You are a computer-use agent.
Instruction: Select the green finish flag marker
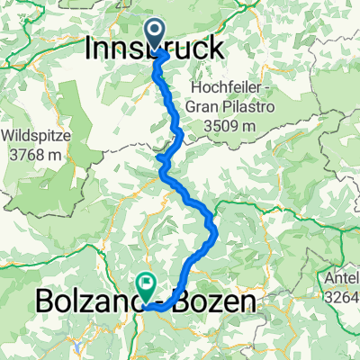[146, 286]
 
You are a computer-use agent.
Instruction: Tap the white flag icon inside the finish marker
[146, 283]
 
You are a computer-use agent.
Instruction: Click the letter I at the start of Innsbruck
[89, 49]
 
